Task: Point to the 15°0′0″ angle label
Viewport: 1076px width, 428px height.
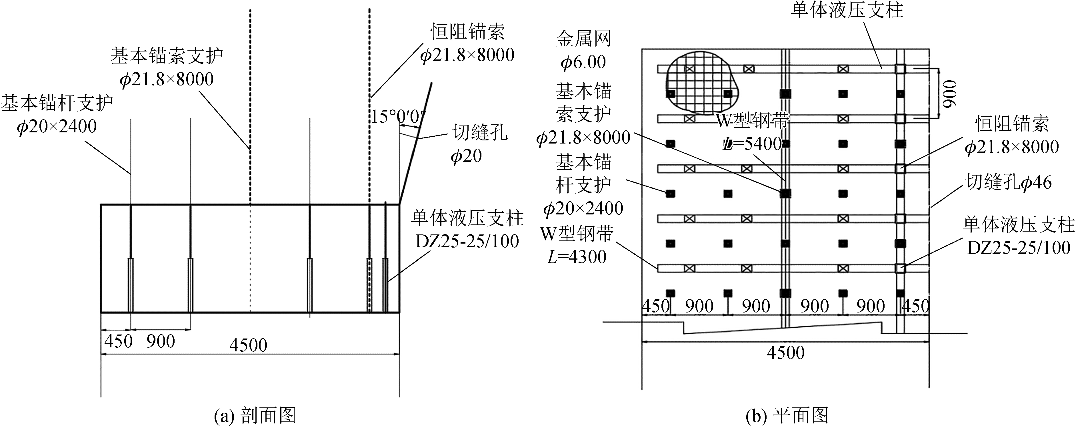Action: (x=397, y=117)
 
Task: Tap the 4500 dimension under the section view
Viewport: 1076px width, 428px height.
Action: (x=248, y=345)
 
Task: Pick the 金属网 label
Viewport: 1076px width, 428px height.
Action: (x=583, y=39)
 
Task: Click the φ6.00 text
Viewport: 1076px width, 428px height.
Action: (x=583, y=62)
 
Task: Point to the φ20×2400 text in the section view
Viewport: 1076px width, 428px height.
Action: (x=57, y=126)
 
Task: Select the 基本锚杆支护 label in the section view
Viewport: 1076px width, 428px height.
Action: (x=57, y=103)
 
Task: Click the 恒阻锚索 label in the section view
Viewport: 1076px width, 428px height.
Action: (x=468, y=32)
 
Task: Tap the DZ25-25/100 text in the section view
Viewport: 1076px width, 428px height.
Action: (x=467, y=241)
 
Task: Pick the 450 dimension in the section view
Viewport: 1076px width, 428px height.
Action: (x=118, y=341)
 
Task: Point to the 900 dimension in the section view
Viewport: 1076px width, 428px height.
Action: (x=160, y=341)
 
